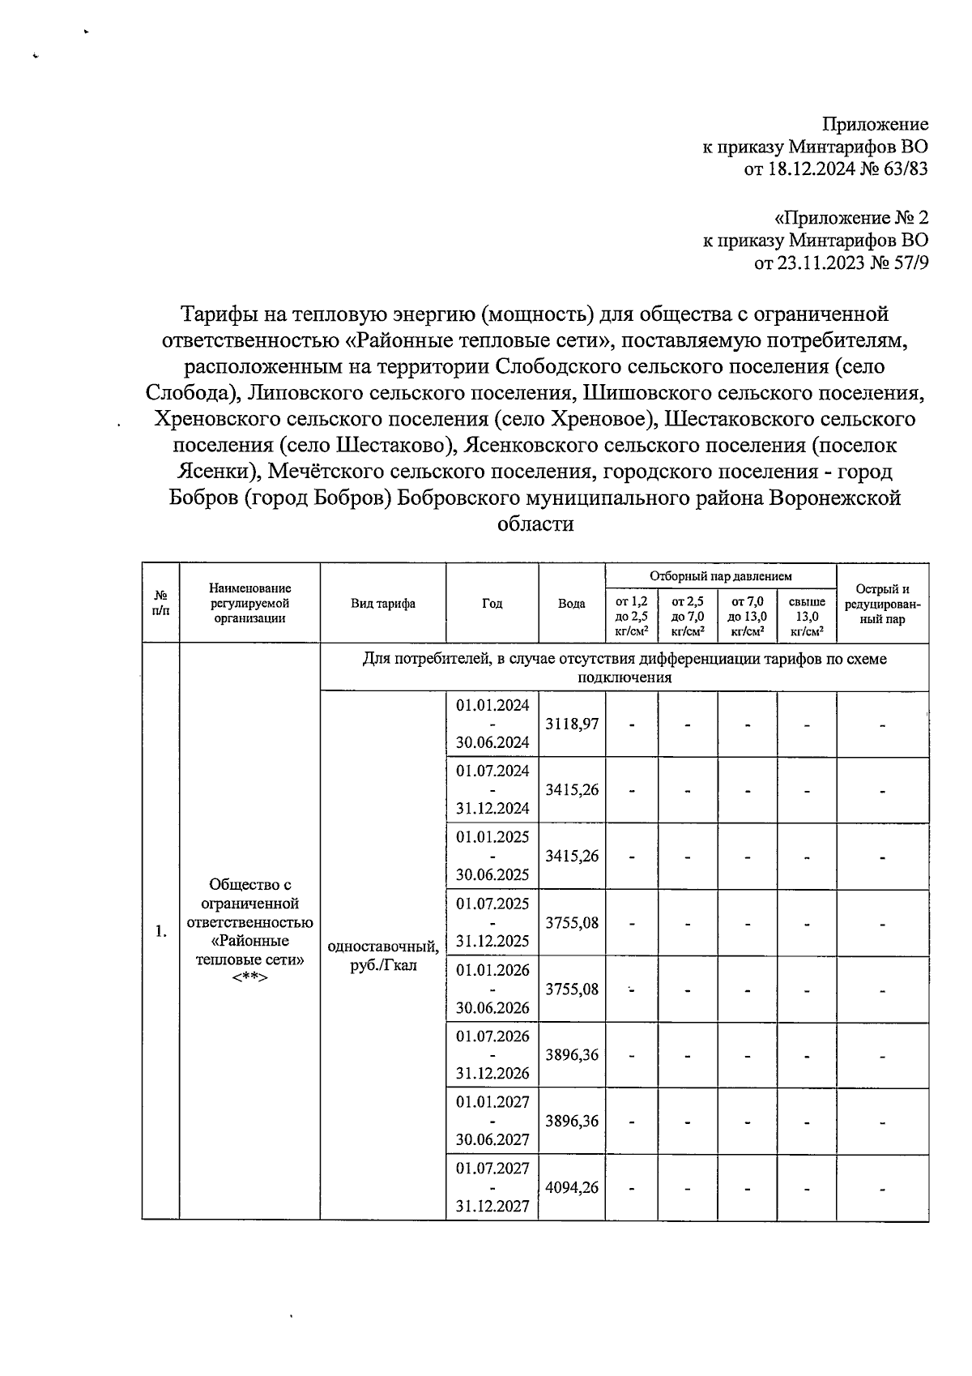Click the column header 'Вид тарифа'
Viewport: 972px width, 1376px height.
click(x=382, y=604)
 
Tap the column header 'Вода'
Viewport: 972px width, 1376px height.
click(x=571, y=604)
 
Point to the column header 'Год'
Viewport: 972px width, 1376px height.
click(x=492, y=604)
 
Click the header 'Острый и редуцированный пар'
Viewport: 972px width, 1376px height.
click(x=882, y=604)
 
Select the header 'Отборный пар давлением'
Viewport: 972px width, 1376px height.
click(x=720, y=576)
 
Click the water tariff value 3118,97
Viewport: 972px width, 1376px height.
click(x=571, y=724)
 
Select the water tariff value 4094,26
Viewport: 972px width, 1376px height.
click(x=571, y=1188)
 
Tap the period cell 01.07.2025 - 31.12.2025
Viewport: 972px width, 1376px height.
click(x=492, y=922)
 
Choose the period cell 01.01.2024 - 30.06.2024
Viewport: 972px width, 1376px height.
click(x=492, y=724)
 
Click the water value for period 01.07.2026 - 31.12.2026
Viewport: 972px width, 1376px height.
click(x=571, y=1055)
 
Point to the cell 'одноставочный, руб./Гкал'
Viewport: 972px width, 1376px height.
click(x=382, y=956)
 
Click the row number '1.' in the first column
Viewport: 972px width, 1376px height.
click(x=160, y=931)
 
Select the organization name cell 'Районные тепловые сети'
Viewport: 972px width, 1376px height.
click(x=249, y=931)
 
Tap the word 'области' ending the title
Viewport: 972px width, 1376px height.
click(x=535, y=524)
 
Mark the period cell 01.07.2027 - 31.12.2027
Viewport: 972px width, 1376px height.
click(x=492, y=1187)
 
